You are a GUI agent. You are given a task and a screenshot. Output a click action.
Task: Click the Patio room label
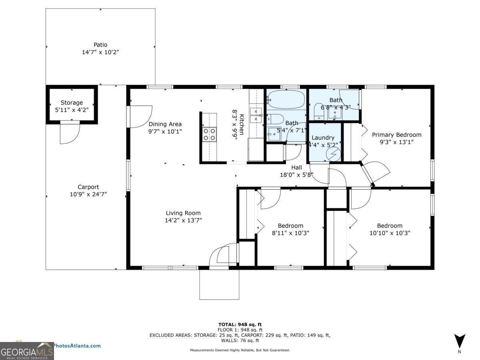100,45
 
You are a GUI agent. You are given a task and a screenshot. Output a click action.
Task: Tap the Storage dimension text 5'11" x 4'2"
72,110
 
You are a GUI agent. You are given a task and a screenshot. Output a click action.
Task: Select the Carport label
88,187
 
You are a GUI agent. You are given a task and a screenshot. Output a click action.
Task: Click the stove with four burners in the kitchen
209,134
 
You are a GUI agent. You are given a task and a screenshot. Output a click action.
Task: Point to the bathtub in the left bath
286,98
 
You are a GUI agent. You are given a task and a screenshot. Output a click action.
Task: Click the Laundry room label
323,138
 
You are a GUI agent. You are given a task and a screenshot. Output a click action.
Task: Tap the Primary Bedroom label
396,135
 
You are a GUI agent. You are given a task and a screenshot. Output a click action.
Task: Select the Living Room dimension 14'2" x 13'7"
184,220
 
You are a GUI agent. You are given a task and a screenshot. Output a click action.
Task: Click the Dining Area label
165,124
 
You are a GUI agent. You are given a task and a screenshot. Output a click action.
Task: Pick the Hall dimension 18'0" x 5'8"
296,175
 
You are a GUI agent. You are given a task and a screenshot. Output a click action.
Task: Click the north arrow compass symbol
460,341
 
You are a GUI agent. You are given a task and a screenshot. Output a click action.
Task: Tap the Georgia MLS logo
27,351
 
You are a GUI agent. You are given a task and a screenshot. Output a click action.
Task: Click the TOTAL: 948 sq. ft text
240,324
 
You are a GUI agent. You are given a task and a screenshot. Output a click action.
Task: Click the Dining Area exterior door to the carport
139,117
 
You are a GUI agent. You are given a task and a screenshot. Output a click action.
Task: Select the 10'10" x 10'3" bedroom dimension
390,233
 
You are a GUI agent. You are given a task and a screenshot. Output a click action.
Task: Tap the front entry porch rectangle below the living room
219,284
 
